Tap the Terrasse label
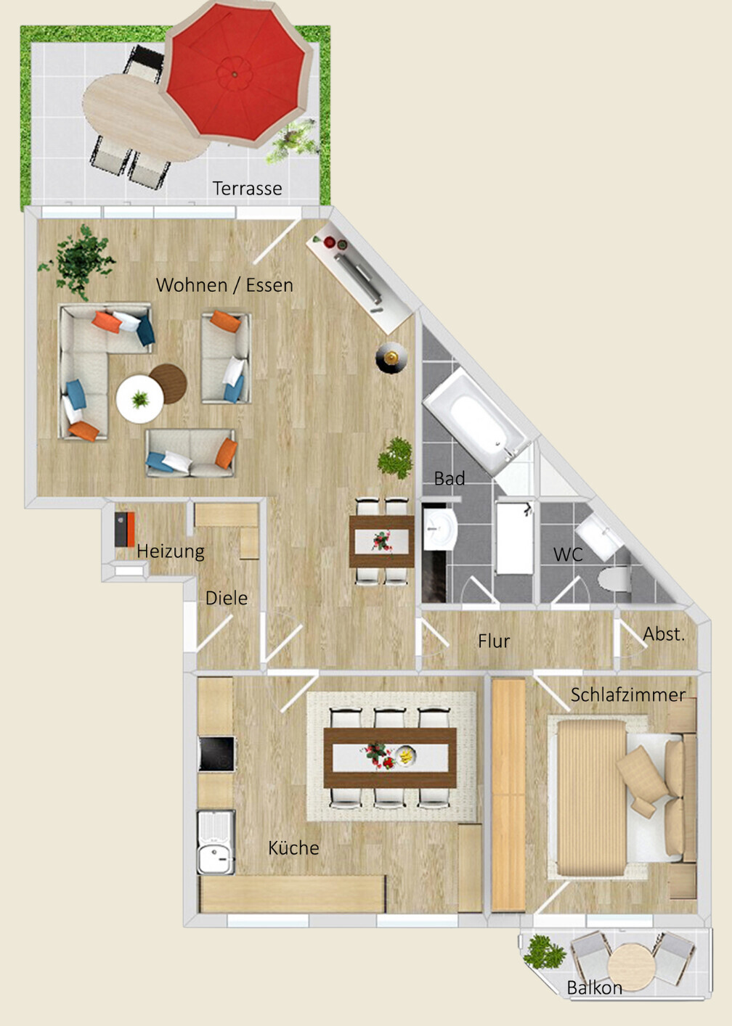[247, 189]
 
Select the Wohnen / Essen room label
[224, 285]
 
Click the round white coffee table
[139, 398]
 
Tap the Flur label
[494, 641]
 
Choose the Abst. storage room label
[664, 634]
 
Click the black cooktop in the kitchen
[216, 754]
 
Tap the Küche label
[293, 848]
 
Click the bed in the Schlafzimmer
[617, 798]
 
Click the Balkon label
[594, 988]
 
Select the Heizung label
[171, 551]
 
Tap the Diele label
[227, 599]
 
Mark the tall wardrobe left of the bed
[508, 795]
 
